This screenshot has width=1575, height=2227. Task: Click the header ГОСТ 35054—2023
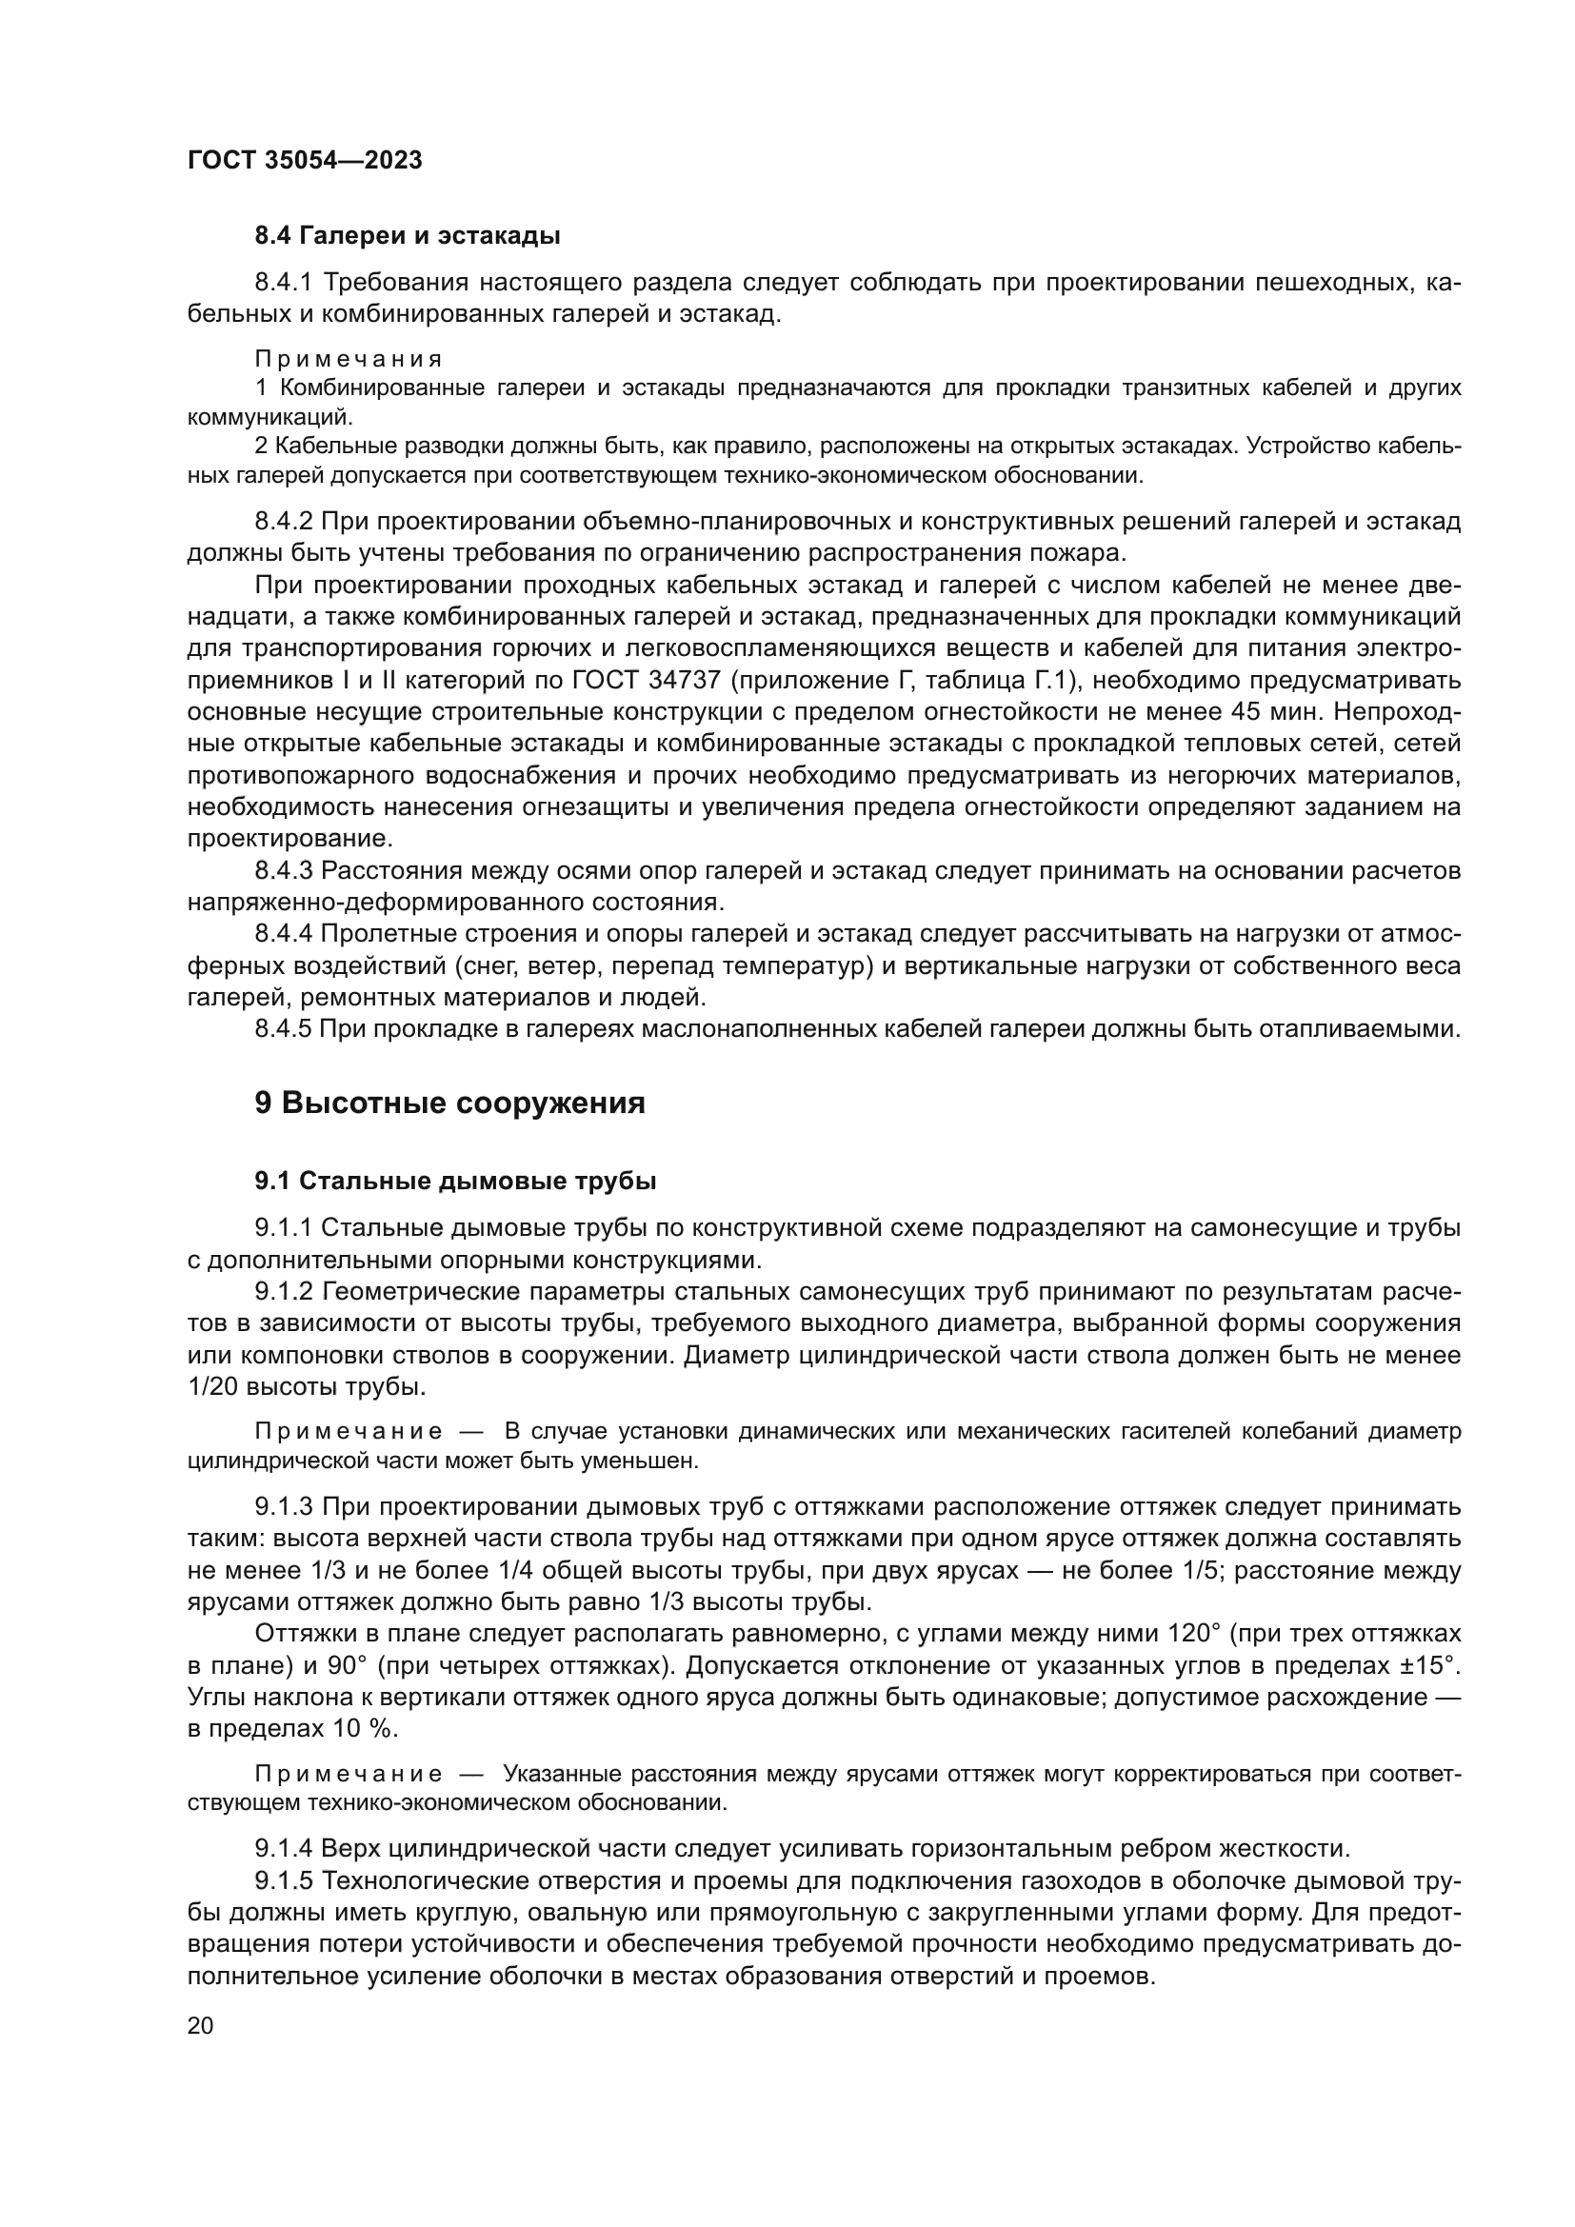tap(305, 161)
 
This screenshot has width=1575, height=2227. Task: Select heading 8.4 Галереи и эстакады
tap(408, 236)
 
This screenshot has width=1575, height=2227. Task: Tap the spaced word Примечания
tap(349, 360)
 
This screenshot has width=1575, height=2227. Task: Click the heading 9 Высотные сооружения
tap(450, 1104)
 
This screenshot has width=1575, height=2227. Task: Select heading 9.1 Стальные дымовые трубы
tap(456, 1182)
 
